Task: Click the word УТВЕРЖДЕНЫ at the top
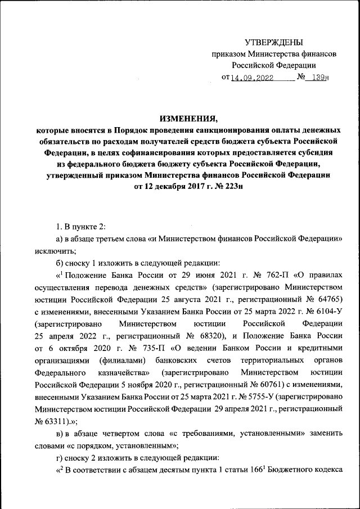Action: click(273, 43)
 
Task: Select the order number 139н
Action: click(319, 78)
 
